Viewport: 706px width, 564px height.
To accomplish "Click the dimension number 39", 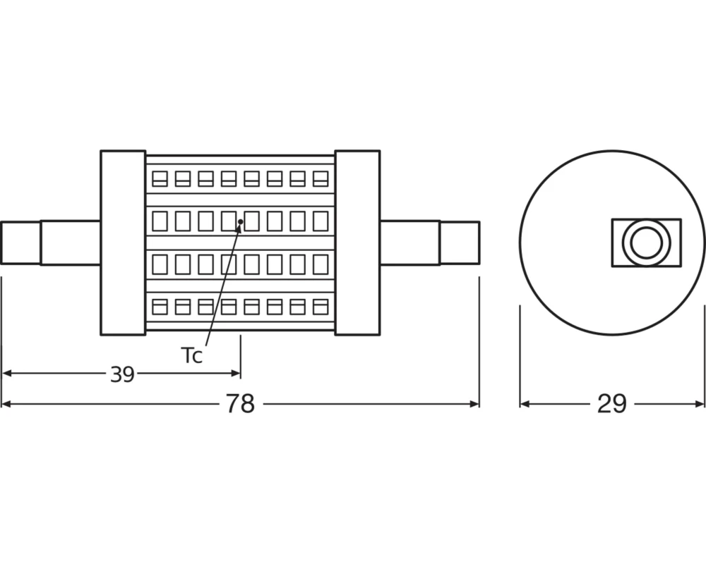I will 122,374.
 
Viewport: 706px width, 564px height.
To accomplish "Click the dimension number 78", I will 240,404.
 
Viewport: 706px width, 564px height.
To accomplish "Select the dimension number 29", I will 611,404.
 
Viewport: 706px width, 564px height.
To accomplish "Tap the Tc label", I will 191,355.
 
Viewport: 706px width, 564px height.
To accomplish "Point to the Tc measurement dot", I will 241,222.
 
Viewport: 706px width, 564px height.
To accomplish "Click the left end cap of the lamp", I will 123,243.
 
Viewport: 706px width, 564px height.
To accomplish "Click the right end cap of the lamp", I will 357,243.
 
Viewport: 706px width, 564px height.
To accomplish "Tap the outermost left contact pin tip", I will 20,243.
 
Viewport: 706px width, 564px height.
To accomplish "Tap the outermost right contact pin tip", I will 460,243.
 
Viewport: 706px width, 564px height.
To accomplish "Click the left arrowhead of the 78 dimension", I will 7,404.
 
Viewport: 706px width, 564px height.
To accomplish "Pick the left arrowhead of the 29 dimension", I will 525,404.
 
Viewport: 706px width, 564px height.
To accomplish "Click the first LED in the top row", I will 160,178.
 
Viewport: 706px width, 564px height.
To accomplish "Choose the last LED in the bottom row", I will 321,307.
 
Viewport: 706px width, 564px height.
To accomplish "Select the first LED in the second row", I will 160,221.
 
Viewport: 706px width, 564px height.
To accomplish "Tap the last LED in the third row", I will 321,264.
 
